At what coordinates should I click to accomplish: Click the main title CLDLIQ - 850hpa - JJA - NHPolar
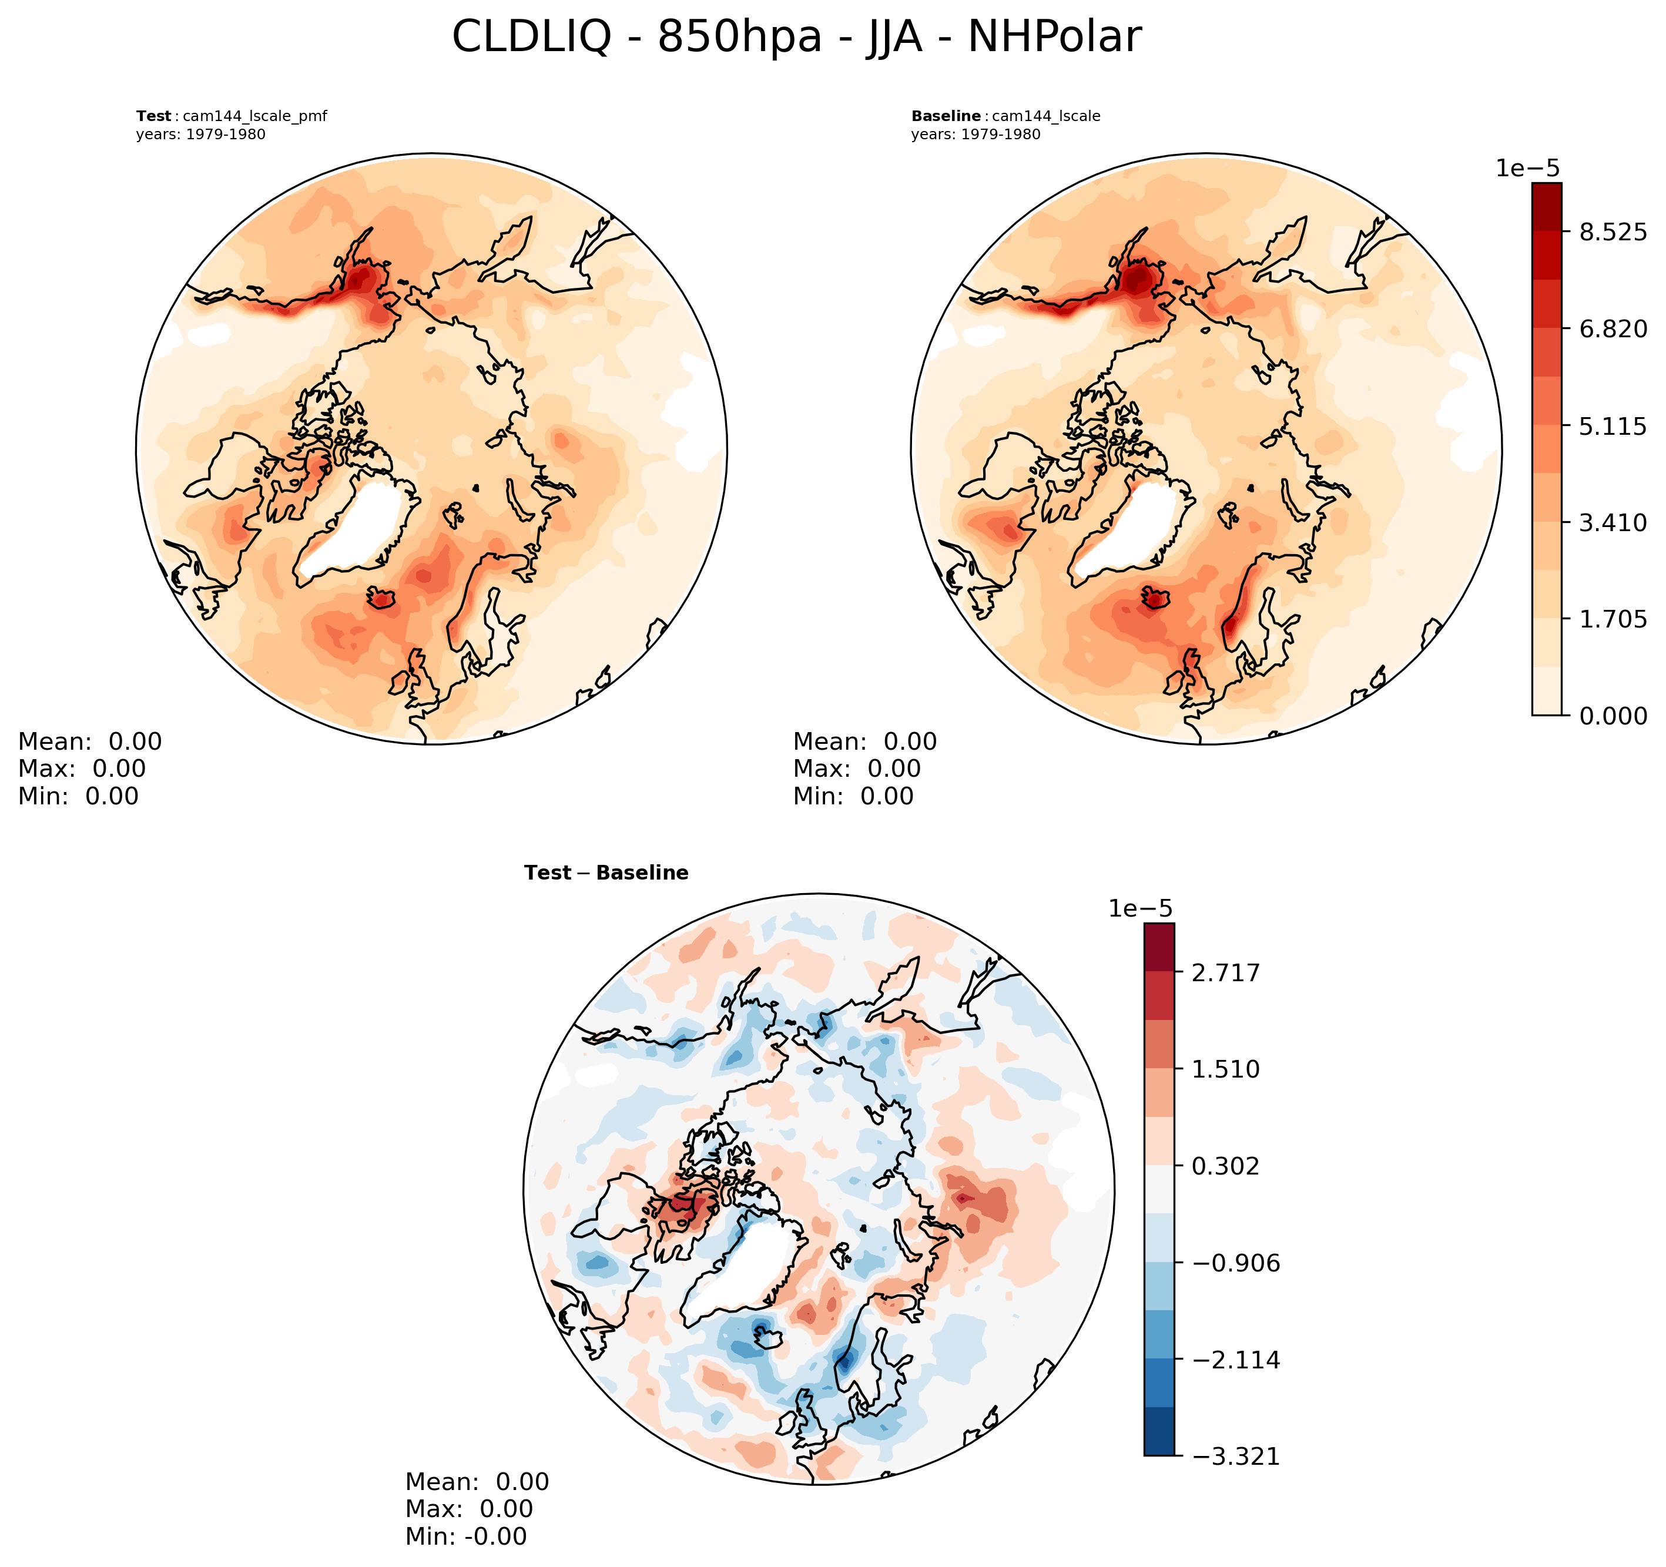796,38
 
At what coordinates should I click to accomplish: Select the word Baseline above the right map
946,116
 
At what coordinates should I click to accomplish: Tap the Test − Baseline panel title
606,873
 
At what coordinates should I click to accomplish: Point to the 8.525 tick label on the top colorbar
1613,232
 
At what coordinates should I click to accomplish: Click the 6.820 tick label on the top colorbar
1613,328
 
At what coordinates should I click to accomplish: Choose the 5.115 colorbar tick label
1613,426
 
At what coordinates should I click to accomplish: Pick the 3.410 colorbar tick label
1613,522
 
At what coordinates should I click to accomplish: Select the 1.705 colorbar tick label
1613,619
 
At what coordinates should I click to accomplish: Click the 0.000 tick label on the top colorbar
1613,716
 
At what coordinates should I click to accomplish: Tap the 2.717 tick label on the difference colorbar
1226,973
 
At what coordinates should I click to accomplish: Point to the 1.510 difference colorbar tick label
1226,1069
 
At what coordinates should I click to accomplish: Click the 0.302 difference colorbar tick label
1226,1166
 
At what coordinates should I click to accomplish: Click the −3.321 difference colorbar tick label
1235,1457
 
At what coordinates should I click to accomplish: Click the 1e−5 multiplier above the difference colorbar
1141,908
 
